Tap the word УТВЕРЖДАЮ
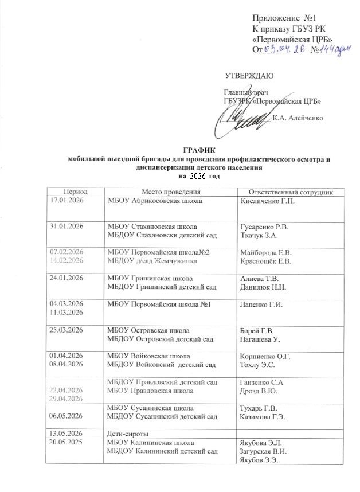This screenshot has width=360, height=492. click(249, 76)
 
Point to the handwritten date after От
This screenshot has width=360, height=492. click(285, 50)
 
